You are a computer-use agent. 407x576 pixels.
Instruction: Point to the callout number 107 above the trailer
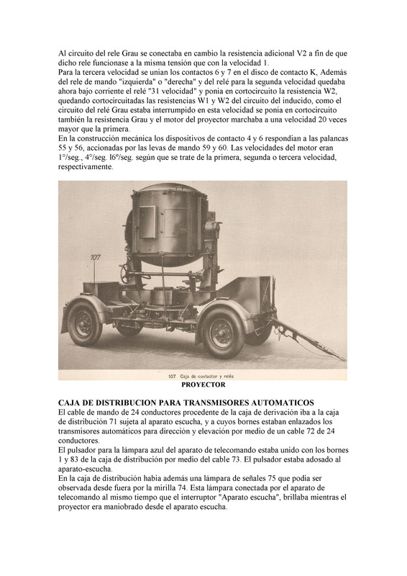[95, 257]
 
